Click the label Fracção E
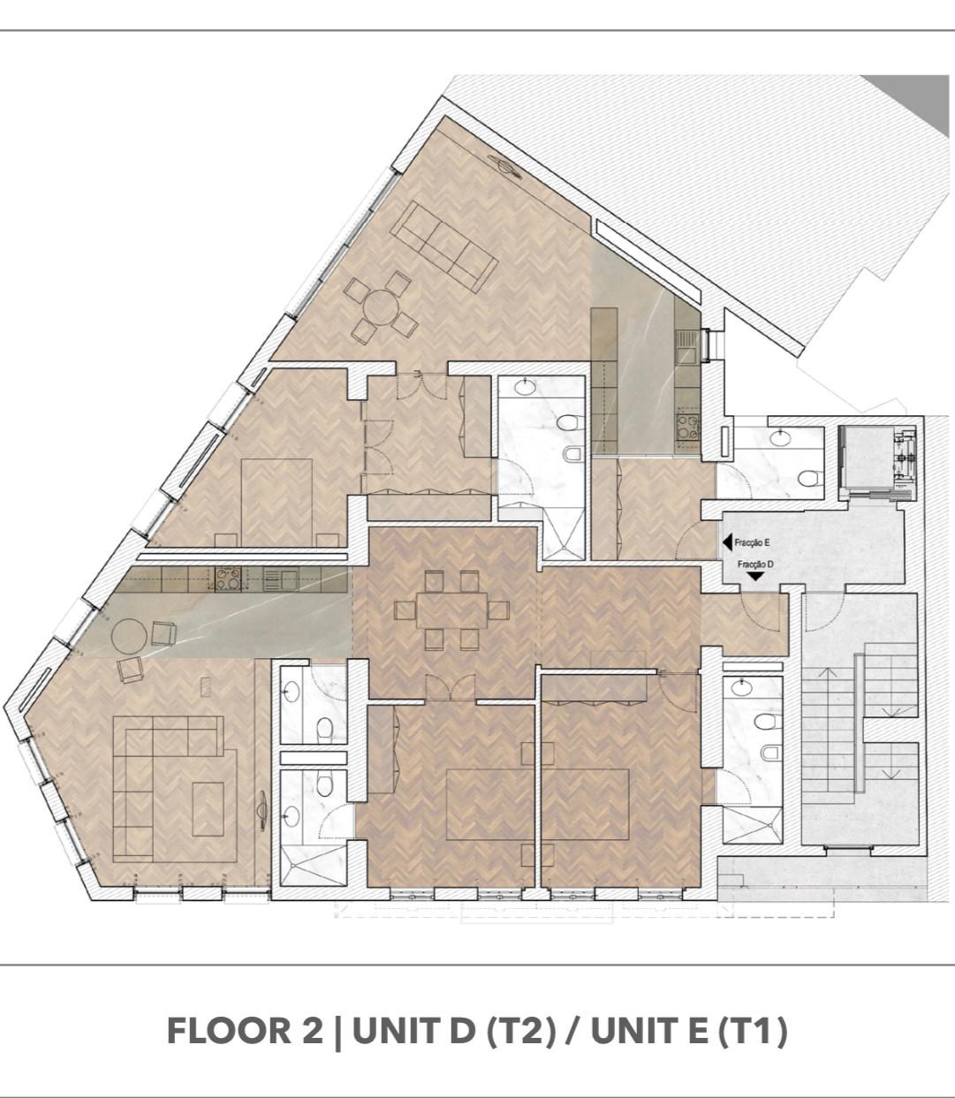tap(754, 542)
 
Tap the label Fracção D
tap(755, 564)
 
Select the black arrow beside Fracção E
tap(727, 542)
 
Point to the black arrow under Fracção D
tap(755, 576)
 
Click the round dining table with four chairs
tap(381, 307)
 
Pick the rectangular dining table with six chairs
tap(451, 610)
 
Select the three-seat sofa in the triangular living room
tap(443, 246)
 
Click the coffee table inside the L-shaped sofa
tap(208, 809)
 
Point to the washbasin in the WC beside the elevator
tap(780, 438)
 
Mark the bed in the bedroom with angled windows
tap(277, 503)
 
